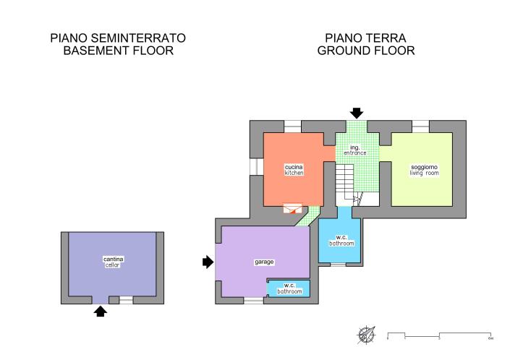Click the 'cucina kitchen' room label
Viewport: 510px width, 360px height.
(x=294, y=170)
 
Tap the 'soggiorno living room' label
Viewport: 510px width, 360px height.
(x=424, y=170)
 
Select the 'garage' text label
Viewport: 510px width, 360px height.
(x=264, y=262)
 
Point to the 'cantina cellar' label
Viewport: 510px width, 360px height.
(x=113, y=262)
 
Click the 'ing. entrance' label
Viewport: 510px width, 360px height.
(x=355, y=150)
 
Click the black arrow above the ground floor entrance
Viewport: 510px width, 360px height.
(x=357, y=113)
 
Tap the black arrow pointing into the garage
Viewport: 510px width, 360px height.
(x=208, y=262)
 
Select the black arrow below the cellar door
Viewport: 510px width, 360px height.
(x=101, y=312)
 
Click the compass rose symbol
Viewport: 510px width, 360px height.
(x=366, y=335)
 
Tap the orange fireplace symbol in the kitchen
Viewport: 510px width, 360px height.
(x=293, y=208)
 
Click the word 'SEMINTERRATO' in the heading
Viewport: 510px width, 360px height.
(x=138, y=38)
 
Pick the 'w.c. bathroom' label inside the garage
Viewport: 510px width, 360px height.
(x=289, y=288)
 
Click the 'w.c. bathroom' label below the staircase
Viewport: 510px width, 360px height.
(x=341, y=241)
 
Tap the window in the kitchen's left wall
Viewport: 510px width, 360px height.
(x=257, y=166)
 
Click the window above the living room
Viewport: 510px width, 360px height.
(x=420, y=127)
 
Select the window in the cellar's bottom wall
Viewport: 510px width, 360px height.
(x=126, y=300)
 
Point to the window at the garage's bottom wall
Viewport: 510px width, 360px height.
(x=254, y=301)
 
